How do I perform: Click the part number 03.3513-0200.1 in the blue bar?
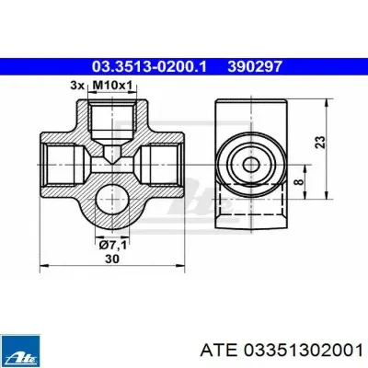click(149, 66)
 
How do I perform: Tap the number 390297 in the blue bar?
click(255, 66)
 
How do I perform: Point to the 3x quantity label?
click(77, 86)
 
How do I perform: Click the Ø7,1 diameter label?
click(112, 246)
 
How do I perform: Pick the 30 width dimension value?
click(112, 259)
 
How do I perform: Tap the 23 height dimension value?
click(320, 143)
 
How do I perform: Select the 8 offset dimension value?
click(299, 181)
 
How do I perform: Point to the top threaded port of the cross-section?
click(112, 121)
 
